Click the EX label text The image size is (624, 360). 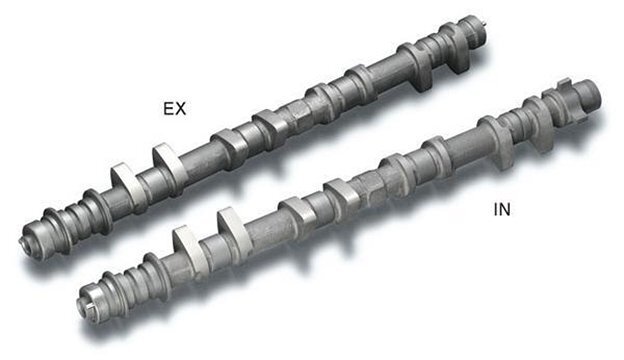point(174,109)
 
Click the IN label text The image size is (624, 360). point(501,210)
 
